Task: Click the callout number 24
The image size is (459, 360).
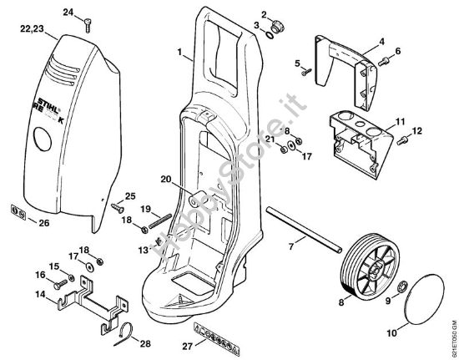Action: point(68,12)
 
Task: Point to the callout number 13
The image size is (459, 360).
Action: point(143,250)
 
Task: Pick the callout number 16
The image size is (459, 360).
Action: point(38,274)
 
